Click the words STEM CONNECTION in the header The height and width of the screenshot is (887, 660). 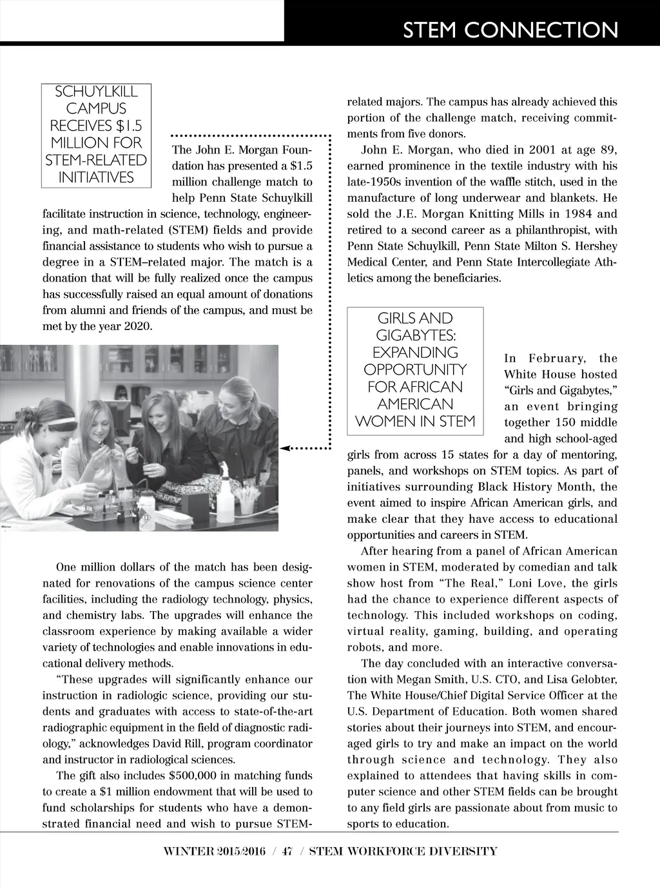point(510,30)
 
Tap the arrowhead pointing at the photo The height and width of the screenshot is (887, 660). point(286,447)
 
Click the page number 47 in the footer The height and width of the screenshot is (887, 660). point(287,852)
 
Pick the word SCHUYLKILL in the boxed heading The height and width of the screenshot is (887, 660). point(96,92)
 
